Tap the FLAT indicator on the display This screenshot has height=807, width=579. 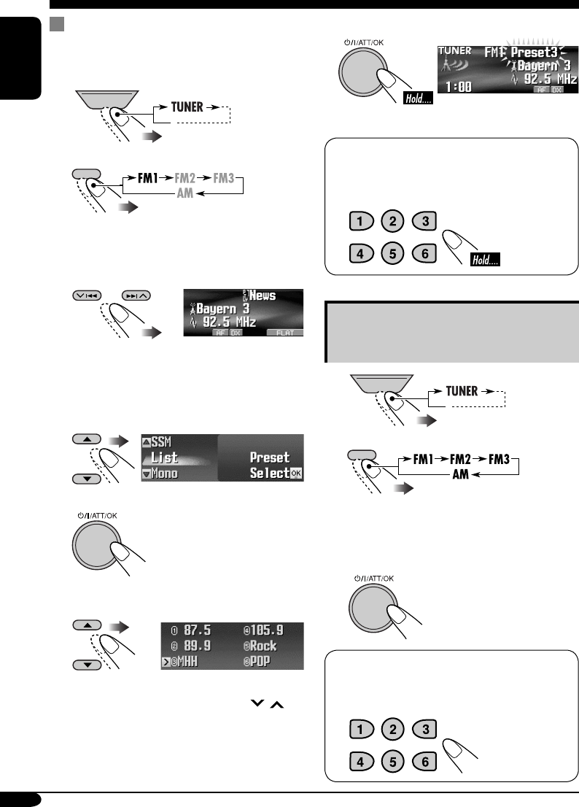(x=284, y=331)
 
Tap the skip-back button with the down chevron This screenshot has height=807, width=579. (x=86, y=296)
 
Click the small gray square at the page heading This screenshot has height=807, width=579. (x=53, y=25)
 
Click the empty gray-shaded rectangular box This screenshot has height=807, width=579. (x=451, y=333)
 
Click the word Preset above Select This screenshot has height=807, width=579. (x=271, y=457)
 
